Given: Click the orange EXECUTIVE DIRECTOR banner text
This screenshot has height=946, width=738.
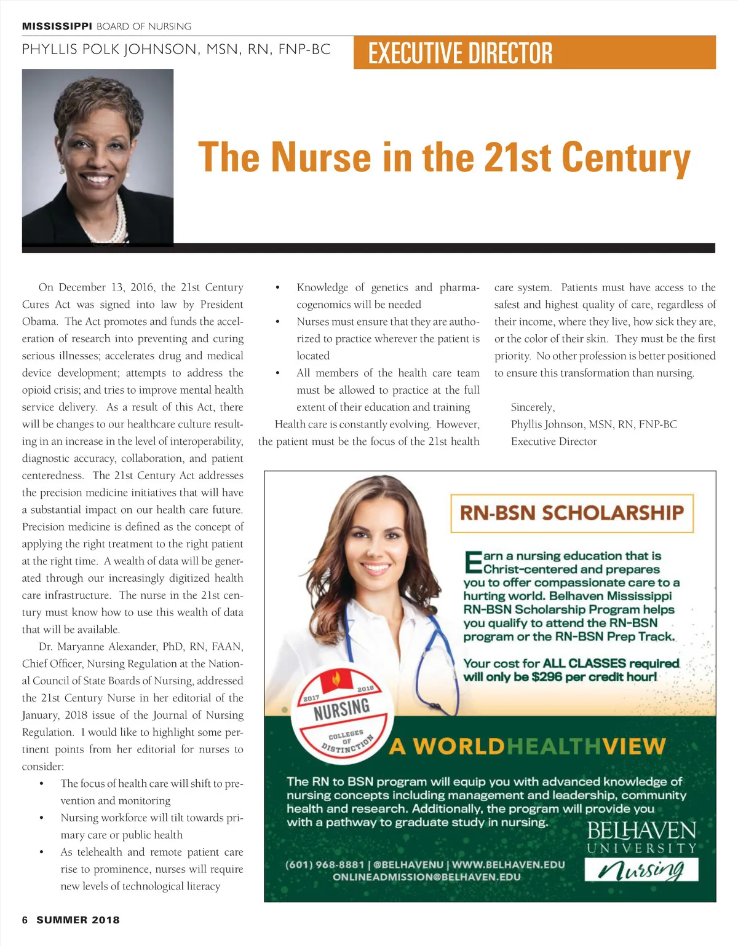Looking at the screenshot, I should coord(460,53).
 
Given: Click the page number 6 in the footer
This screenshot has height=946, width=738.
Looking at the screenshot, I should coord(25,920).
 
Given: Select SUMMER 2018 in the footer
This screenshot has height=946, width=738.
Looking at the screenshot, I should coord(78,920).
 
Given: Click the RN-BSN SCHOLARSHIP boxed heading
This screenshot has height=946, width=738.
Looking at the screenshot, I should coord(571,513).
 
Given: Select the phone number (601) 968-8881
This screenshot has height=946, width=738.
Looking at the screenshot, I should coord(325,864).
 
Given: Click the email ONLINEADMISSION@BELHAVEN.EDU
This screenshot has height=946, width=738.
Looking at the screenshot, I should coord(426,877).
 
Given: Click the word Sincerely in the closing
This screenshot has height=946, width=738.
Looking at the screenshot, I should coord(533,407).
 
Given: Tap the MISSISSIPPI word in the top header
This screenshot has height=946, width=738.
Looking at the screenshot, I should coord(57,26).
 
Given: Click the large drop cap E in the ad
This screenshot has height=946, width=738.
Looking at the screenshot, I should coord(472,562).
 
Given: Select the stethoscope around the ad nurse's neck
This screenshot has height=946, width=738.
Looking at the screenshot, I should coord(433,645).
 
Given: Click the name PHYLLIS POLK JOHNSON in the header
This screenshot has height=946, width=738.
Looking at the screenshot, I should coord(109,50).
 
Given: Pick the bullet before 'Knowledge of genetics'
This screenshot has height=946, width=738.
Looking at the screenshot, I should coord(278,287).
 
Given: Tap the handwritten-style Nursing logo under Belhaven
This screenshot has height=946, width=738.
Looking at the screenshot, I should coord(641,869).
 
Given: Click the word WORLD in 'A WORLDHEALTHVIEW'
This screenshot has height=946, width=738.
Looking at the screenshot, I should coord(458,746).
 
